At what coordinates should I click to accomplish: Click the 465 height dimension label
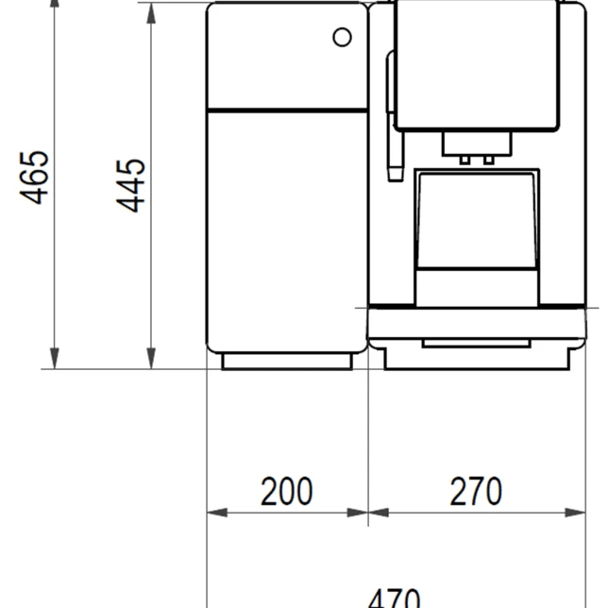(x=34, y=177)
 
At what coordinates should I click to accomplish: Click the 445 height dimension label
(x=130, y=185)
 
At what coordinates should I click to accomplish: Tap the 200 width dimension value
(x=287, y=491)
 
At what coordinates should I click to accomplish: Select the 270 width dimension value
(x=476, y=491)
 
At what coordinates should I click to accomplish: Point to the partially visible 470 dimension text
(x=394, y=600)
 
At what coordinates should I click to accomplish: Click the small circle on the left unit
(x=342, y=37)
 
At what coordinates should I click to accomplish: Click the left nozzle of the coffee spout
(x=464, y=160)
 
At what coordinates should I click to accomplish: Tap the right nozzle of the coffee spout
(x=489, y=160)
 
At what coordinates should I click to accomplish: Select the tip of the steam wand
(x=396, y=174)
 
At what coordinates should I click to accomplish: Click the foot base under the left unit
(x=287, y=362)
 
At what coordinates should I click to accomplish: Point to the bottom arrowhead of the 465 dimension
(x=55, y=359)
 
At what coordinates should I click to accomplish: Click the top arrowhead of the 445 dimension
(x=151, y=13)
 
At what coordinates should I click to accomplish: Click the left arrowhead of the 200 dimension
(x=217, y=513)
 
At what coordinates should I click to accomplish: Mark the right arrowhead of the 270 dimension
(x=575, y=513)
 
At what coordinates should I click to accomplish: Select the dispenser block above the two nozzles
(x=477, y=144)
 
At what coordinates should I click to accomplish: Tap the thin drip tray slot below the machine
(x=476, y=343)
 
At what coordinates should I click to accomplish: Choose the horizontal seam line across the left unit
(x=287, y=110)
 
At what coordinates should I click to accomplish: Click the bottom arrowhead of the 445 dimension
(x=151, y=359)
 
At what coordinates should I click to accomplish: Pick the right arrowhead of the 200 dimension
(x=357, y=513)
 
